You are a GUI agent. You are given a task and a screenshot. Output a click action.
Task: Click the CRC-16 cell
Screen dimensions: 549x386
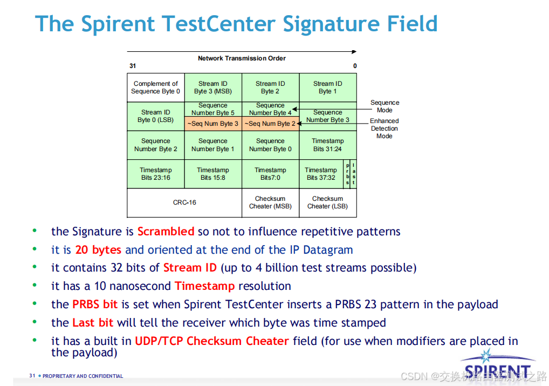(184, 202)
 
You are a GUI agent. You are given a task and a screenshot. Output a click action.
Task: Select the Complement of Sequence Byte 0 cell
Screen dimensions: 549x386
(156, 87)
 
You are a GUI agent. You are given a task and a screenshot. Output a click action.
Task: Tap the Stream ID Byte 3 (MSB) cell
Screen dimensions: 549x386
(213, 87)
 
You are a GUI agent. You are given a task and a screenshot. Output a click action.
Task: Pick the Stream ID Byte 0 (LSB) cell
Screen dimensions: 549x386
(156, 117)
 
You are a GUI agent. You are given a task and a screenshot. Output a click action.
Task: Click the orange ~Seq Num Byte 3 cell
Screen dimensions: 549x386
(213, 124)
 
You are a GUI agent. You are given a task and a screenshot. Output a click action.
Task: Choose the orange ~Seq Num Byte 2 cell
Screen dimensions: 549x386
(270, 124)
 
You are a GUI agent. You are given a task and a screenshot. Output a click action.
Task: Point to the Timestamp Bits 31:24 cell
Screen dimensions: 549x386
(328, 145)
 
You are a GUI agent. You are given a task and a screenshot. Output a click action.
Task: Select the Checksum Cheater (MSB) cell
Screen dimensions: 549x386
(270, 202)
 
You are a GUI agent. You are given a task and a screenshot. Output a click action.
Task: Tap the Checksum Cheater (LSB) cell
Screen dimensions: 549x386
(328, 202)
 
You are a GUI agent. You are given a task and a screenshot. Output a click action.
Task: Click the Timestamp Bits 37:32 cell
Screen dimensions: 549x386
(321, 174)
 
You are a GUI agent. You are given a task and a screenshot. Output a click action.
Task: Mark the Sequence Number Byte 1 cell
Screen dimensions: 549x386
(213, 145)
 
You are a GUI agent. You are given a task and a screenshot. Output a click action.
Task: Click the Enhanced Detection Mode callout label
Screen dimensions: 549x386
(385, 128)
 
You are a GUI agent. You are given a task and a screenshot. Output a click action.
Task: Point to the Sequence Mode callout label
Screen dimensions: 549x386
(385, 106)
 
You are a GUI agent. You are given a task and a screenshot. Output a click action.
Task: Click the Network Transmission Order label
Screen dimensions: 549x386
(242, 58)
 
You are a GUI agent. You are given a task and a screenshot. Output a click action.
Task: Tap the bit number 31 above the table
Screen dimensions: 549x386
(133, 66)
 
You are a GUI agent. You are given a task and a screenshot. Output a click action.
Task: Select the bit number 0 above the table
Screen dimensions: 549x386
(355, 66)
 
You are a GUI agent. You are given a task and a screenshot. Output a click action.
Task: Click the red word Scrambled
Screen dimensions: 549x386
(166, 232)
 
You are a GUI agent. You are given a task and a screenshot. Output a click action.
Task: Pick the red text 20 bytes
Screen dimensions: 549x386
(98, 249)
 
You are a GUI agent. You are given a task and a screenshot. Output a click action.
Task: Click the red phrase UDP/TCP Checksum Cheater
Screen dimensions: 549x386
(212, 341)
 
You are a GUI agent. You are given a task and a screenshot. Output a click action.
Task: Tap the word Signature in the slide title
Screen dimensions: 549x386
(331, 24)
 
